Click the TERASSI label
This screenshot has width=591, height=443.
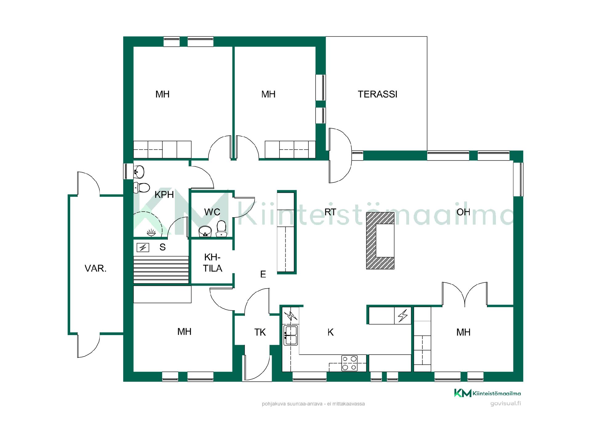click(377, 94)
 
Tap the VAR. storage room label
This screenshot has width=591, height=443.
click(95, 269)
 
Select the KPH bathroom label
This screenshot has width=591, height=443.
click(164, 195)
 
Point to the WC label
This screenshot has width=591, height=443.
click(212, 212)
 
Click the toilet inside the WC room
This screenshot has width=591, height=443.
click(221, 229)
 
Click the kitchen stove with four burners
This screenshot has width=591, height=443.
click(349, 363)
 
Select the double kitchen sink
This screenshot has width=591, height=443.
click(291, 335)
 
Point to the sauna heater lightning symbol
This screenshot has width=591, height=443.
click(143, 247)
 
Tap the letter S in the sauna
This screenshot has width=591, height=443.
click(163, 247)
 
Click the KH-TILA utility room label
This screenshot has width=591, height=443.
click(212, 263)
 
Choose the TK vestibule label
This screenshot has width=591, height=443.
click(260, 332)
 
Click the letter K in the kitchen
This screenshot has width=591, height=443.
click(331, 332)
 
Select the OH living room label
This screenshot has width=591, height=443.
click(463, 212)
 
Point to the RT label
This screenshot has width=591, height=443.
click(330, 212)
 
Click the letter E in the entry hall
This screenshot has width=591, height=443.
click(263, 274)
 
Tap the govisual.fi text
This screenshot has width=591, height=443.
click(505, 403)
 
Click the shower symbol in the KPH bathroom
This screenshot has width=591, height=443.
click(151, 233)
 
